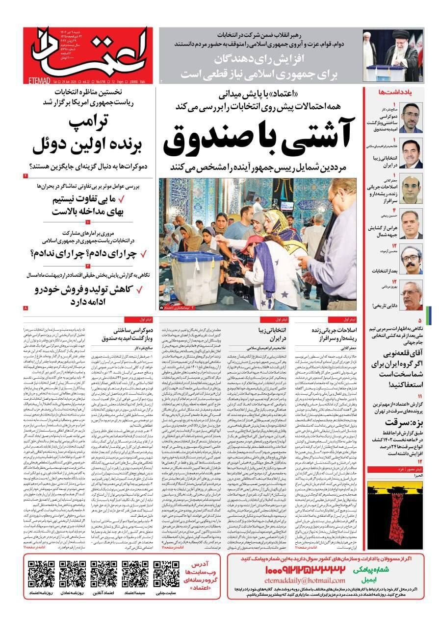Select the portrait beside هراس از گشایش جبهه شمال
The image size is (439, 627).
[x=411, y=223]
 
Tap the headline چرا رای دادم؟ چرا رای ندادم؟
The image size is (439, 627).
[x=86, y=253]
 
